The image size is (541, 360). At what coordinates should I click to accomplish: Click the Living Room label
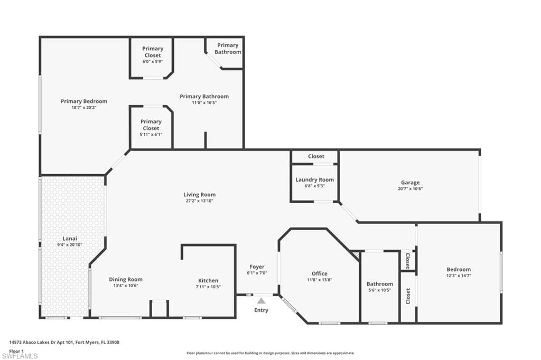coord(199,195)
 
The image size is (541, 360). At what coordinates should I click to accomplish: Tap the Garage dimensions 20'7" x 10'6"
coord(410,189)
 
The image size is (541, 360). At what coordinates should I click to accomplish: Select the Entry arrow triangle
coord(261,301)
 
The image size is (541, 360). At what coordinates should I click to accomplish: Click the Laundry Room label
coord(314,180)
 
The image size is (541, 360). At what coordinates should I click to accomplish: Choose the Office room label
coord(319,273)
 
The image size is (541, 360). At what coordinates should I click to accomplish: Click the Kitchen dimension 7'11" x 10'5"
coord(208,287)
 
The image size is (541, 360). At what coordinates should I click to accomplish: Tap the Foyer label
coord(257,267)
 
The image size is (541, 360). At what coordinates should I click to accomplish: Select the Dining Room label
coord(126,279)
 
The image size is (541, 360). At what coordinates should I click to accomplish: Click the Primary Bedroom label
coord(83,101)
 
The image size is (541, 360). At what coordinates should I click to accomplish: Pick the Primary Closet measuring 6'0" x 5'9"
coord(153,55)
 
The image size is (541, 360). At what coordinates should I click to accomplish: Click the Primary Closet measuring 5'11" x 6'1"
coord(151,128)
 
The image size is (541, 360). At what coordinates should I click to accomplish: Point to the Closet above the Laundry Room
coord(316,156)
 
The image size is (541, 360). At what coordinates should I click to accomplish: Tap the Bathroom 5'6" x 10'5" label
coord(379,284)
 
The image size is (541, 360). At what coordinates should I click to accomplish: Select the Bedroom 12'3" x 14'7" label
coord(458,269)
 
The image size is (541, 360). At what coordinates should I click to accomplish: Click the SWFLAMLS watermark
coord(20,356)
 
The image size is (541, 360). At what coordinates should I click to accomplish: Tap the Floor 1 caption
coord(16,350)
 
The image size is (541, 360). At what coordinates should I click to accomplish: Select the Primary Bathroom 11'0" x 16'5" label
coord(204,97)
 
